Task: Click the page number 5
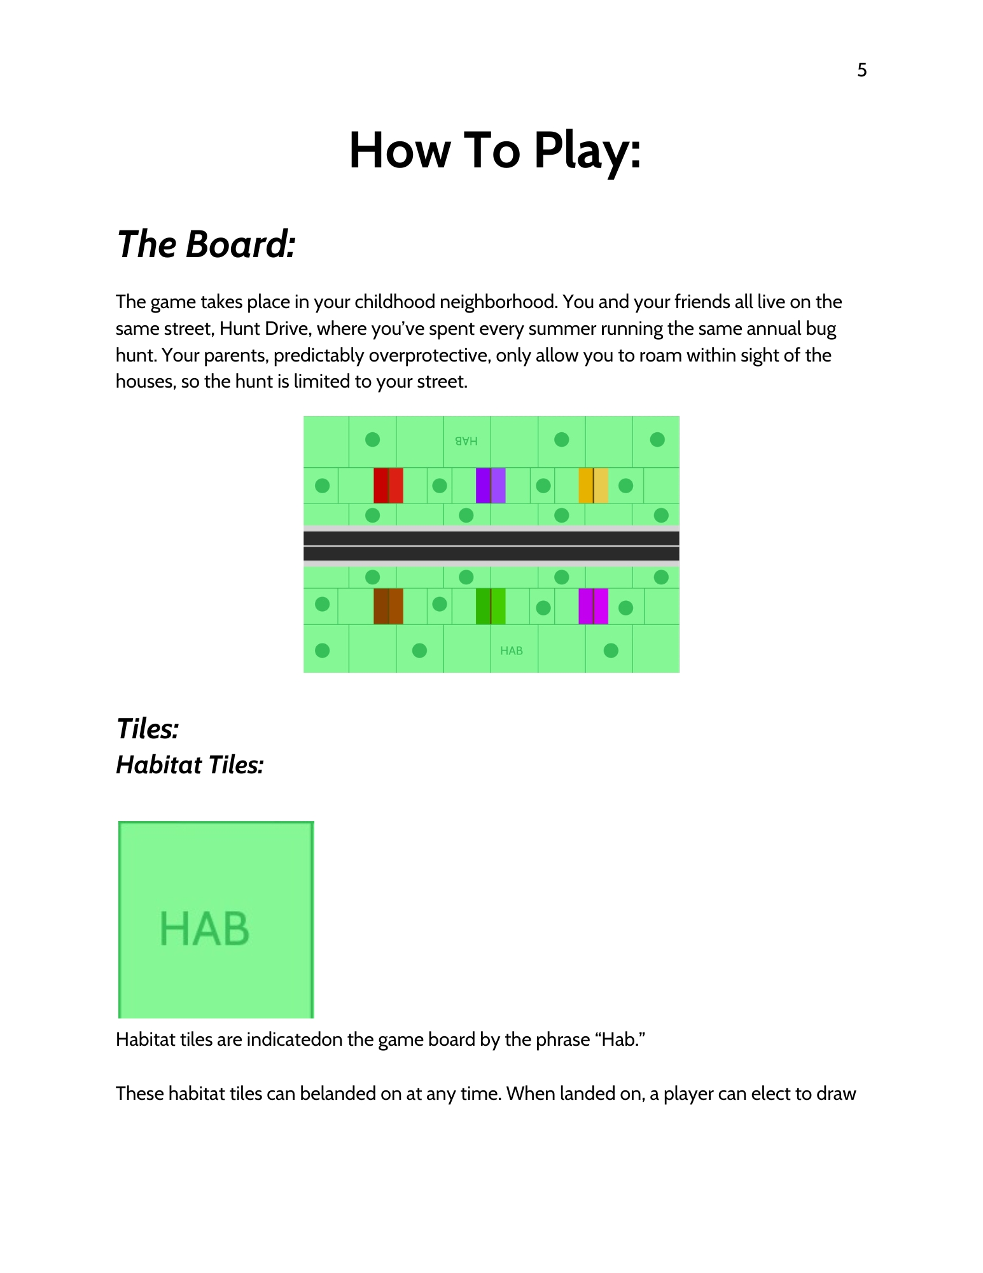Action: pyautogui.click(x=861, y=70)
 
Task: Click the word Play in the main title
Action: pyautogui.click(x=587, y=151)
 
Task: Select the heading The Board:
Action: pyautogui.click(x=206, y=244)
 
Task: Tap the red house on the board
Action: pyautogui.click(x=388, y=486)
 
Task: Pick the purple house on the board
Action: pyautogui.click(x=491, y=486)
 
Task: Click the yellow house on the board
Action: pyautogui.click(x=593, y=486)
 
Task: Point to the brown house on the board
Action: pyautogui.click(x=388, y=606)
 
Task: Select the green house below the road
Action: pyautogui.click(x=491, y=606)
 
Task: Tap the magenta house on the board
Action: pyautogui.click(x=593, y=606)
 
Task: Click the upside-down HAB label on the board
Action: pyautogui.click(x=466, y=441)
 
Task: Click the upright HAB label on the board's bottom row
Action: pyautogui.click(x=512, y=651)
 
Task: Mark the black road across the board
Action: pyautogui.click(x=491, y=546)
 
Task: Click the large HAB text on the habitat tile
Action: pyautogui.click(x=204, y=929)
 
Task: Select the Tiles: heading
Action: pyautogui.click(x=148, y=729)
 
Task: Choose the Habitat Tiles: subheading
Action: pyautogui.click(x=190, y=765)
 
